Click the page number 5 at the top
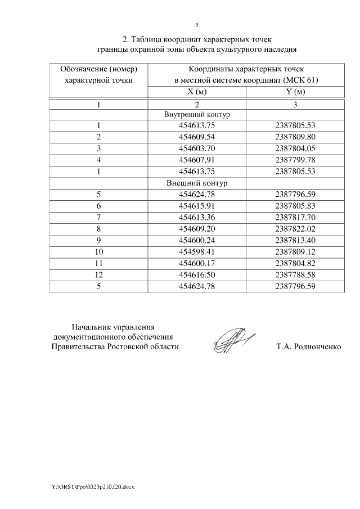pyautogui.click(x=197, y=25)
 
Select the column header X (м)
pyautogui.click(x=197, y=92)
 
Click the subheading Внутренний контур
pyautogui.click(x=197, y=115)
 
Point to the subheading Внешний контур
pyautogui.click(x=197, y=183)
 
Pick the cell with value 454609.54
pyautogui.click(x=197, y=137)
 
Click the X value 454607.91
pyautogui.click(x=197, y=160)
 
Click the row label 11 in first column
pyautogui.click(x=98, y=263)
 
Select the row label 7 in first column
pyautogui.click(x=98, y=218)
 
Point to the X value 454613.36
pyautogui.click(x=197, y=218)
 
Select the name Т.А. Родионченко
pyautogui.click(x=308, y=347)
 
